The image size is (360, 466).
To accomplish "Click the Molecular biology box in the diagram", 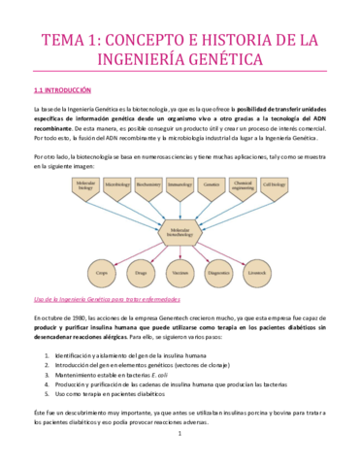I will tap(85, 183).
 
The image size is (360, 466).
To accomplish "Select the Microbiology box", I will tap(118, 183).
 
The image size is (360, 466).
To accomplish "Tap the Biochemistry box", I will tap(148, 183).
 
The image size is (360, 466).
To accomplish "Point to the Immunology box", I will tap(180, 183).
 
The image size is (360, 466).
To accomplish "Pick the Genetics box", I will tap(211, 183).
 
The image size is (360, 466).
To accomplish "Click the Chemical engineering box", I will tap(242, 183).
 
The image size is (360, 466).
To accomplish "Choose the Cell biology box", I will tap(273, 183).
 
